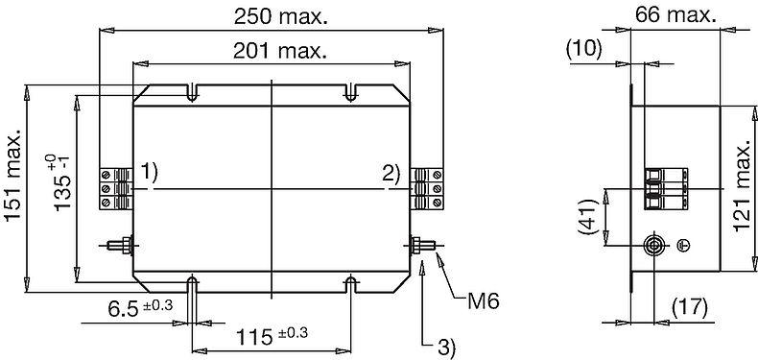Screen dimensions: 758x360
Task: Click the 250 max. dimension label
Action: (281, 17)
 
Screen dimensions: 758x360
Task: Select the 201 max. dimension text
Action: (280, 50)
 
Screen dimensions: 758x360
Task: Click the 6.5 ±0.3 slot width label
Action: (140, 308)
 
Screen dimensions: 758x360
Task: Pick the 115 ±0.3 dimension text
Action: (272, 336)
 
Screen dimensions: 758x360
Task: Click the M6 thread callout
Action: (483, 302)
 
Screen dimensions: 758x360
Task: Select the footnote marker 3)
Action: (446, 346)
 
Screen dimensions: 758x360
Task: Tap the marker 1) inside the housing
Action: (150, 173)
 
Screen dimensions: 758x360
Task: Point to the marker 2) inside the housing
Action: (391, 174)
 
